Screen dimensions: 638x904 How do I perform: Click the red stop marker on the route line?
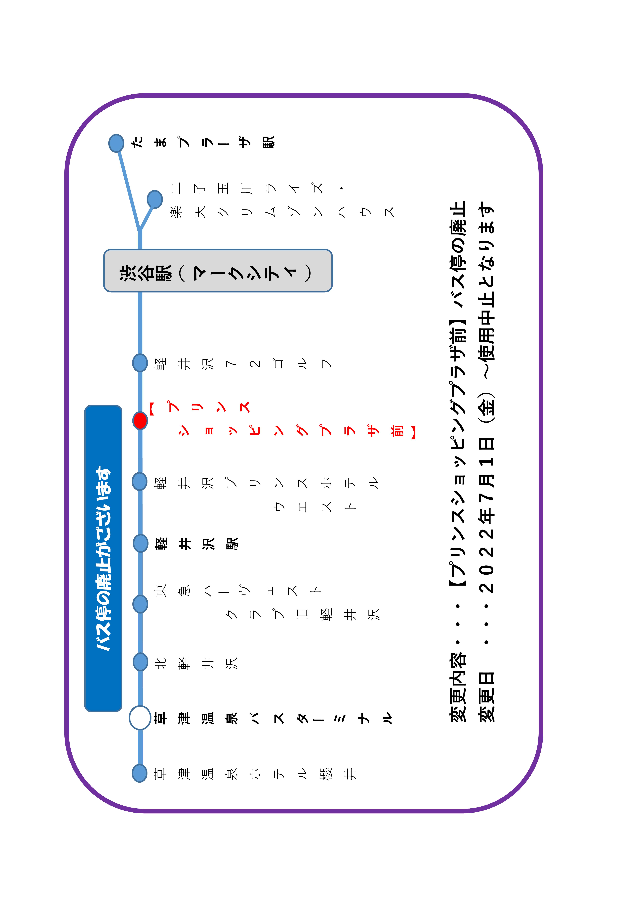(140, 421)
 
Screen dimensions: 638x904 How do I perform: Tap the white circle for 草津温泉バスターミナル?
(140, 718)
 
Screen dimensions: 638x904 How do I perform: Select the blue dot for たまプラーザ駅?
(116, 143)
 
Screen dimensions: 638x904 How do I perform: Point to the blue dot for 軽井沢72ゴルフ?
(140, 363)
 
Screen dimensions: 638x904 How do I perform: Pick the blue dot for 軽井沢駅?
(140, 543)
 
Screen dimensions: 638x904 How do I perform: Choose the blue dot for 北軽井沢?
(140, 662)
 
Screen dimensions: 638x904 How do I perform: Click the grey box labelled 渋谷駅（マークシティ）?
(218, 271)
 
